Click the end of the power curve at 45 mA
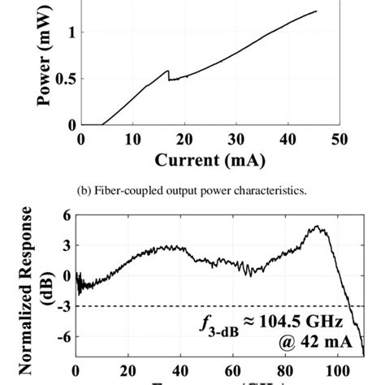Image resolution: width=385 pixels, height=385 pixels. pos(315,11)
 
